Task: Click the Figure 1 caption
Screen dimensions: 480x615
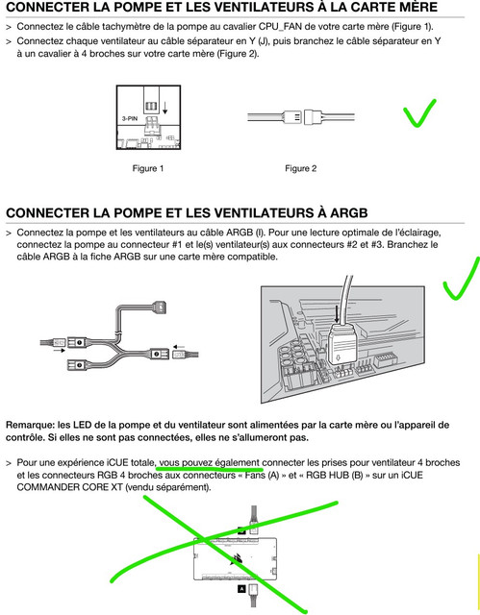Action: (148, 169)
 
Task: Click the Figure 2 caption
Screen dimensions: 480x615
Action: (301, 169)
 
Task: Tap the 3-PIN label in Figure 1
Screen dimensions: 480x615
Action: (130, 118)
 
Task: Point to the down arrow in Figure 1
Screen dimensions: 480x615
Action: (164, 108)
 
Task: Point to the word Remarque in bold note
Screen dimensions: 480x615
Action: (30, 425)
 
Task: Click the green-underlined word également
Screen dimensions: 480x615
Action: (240, 463)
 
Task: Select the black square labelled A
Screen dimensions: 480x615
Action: (241, 588)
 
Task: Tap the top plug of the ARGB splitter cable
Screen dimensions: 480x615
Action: (162, 305)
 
